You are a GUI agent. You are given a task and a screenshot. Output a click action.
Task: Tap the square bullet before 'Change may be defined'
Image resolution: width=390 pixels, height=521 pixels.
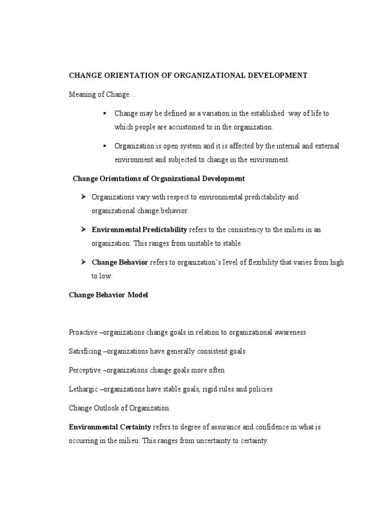click(104, 113)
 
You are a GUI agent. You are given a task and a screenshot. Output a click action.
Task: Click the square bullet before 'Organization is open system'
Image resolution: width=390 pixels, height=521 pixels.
click(104, 146)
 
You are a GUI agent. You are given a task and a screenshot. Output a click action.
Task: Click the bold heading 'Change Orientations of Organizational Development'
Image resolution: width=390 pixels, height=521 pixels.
click(158, 178)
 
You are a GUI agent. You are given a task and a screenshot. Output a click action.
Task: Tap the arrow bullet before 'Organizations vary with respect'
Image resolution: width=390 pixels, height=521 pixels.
click(83, 196)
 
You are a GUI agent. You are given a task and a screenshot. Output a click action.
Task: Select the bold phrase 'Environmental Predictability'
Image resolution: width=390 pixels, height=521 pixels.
click(139, 229)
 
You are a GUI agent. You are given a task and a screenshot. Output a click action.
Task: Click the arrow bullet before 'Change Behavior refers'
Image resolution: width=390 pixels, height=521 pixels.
click(83, 262)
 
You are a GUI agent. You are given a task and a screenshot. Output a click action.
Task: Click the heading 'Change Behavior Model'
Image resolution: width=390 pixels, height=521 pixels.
click(108, 295)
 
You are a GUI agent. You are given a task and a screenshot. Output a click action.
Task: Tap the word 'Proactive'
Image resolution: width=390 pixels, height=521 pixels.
click(83, 332)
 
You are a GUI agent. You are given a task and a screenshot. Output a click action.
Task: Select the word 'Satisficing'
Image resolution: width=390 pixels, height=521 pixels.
click(85, 351)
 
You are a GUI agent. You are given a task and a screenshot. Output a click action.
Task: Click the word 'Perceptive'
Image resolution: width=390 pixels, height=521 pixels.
click(85, 370)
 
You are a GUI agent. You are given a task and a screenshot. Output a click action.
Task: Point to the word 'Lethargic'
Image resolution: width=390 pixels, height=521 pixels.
click(84, 389)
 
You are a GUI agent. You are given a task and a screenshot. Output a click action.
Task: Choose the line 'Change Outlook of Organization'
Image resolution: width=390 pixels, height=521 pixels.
click(119, 408)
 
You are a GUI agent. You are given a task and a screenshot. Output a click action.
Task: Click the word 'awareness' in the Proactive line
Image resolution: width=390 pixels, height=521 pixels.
click(289, 332)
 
